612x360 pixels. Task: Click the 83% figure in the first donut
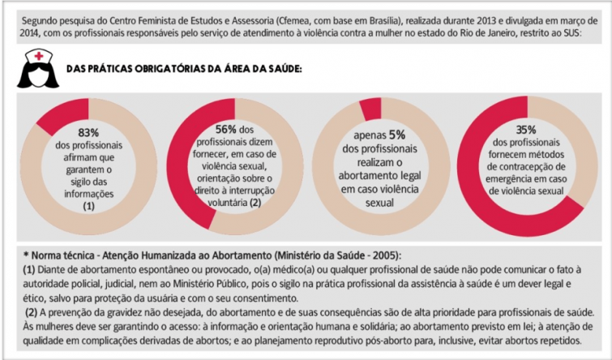click(x=88, y=132)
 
